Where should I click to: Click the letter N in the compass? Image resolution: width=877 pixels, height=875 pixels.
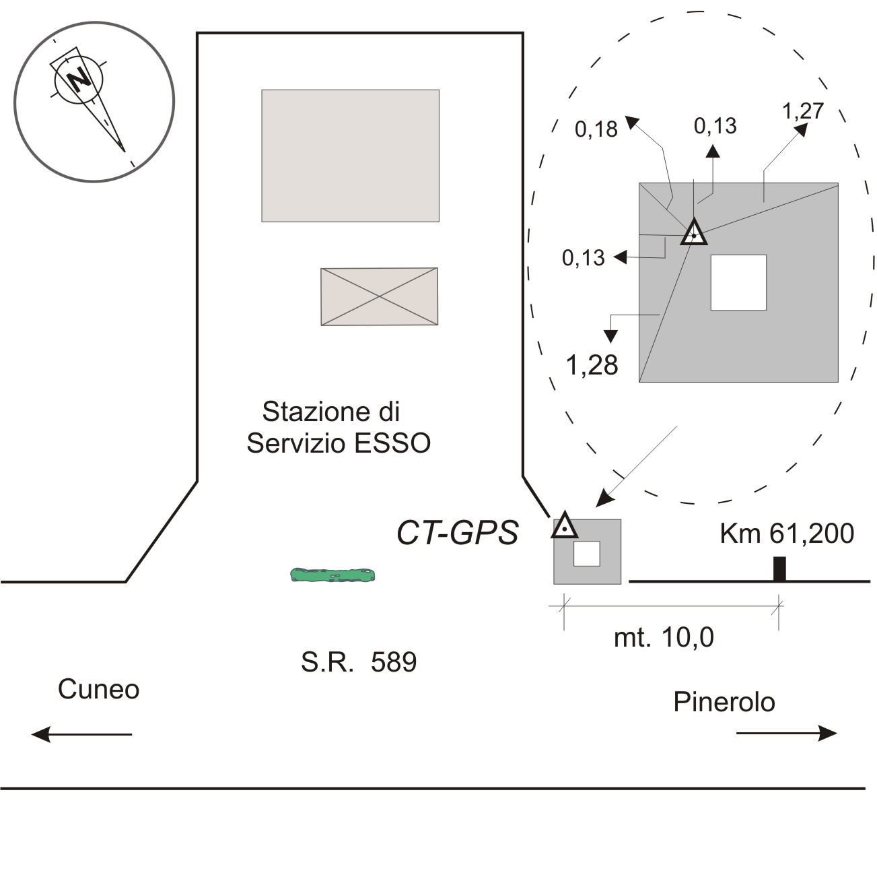[x=79, y=79]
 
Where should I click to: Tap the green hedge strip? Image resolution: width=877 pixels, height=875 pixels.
[x=332, y=575]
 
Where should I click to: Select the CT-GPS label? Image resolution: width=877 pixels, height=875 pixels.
[x=458, y=532]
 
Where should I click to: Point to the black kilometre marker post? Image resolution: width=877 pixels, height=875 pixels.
[x=779, y=569]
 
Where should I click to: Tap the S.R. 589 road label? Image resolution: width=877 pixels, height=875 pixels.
[x=359, y=662]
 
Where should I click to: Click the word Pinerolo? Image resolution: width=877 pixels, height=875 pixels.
[x=724, y=701]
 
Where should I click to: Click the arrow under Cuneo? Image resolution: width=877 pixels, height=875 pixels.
[x=81, y=734]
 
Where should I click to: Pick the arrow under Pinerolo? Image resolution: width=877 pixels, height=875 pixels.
[x=786, y=734]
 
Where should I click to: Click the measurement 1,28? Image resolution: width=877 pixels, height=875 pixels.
[x=592, y=365]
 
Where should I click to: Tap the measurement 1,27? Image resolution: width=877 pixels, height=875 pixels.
[x=803, y=110]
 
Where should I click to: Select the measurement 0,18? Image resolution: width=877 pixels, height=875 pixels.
[x=596, y=129]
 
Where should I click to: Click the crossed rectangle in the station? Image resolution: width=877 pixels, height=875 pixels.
[x=379, y=296]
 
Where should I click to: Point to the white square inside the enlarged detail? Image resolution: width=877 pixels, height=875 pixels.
[x=738, y=283]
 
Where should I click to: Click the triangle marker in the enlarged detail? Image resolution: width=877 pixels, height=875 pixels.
[x=693, y=232]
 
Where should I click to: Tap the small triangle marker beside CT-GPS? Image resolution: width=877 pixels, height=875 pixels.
[x=565, y=525]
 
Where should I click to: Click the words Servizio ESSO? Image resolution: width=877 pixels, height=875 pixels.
[x=339, y=443]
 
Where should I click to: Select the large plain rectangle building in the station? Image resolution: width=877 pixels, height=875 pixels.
[x=350, y=156]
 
